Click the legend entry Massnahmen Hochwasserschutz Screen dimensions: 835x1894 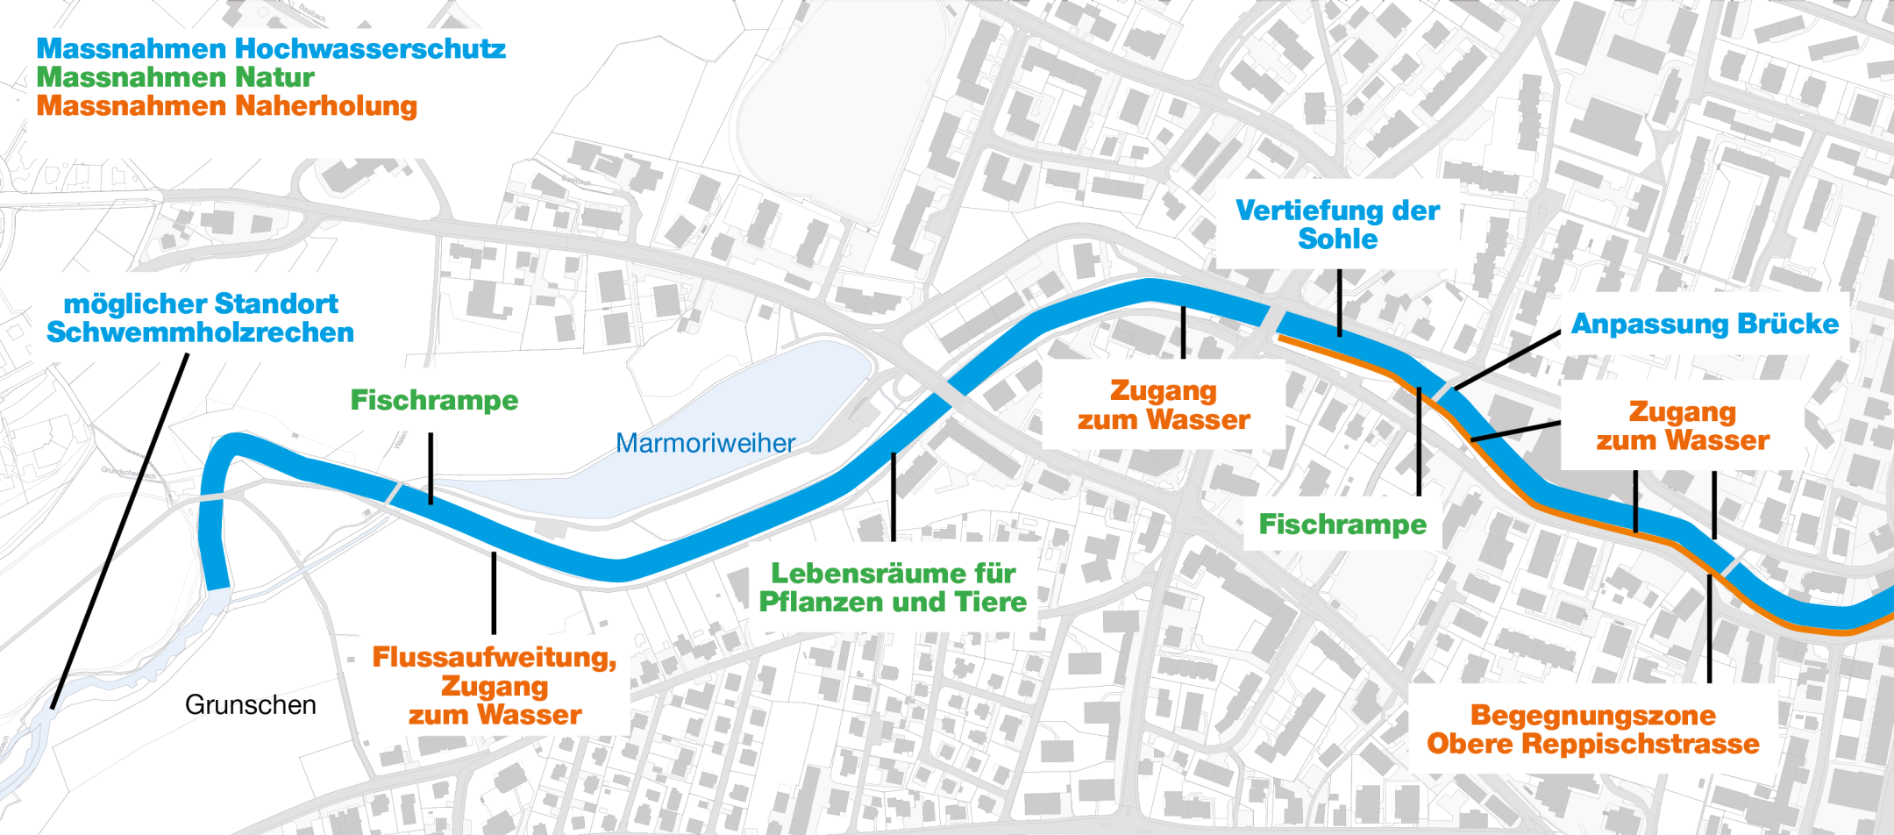[271, 48]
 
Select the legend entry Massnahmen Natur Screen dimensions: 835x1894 [175, 77]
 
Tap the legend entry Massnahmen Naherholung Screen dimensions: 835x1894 [226, 106]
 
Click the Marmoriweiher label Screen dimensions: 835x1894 [705, 443]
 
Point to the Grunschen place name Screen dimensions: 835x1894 [250, 704]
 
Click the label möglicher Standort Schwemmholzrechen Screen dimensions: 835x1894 [201, 318]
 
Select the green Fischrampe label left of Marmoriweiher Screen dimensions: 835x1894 [434, 400]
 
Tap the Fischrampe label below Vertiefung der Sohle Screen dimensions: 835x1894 [1342, 525]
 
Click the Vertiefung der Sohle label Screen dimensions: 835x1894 [1337, 225]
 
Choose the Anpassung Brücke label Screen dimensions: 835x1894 [1705, 324]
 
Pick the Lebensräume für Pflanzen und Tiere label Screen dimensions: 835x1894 [893, 588]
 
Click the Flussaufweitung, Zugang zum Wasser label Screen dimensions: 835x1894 [495, 686]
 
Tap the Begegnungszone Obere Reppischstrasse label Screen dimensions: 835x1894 [1592, 729]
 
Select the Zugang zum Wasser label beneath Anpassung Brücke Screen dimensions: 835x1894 [1682, 425]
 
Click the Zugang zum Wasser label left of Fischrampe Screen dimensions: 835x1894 [1164, 404]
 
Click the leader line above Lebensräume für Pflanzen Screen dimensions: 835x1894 [893, 496]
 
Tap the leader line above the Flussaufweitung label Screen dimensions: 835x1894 [494, 593]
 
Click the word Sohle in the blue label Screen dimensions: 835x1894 [1337, 239]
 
